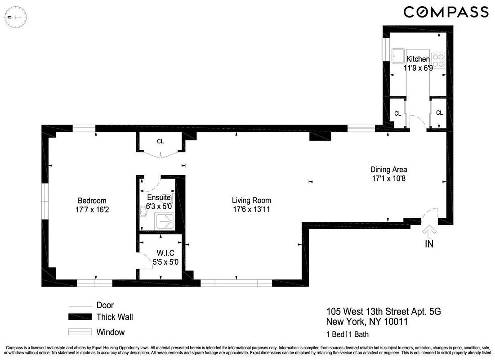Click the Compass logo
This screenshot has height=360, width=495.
(446, 12)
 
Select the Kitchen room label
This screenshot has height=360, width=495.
(418, 59)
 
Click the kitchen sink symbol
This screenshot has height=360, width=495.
(398, 56)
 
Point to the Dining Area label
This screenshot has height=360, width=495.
(388, 170)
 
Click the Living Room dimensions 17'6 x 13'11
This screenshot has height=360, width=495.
(251, 209)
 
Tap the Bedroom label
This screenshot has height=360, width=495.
(92, 201)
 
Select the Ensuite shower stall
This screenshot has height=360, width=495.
(165, 220)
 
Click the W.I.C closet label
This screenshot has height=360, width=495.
(165, 252)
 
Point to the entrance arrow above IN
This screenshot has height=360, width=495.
(429, 232)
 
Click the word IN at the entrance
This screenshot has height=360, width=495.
(429, 245)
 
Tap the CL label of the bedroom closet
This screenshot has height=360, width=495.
(160, 141)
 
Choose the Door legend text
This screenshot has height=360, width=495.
(105, 305)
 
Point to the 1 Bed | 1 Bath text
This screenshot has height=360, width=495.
(348, 334)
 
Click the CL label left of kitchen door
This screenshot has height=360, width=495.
(397, 114)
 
